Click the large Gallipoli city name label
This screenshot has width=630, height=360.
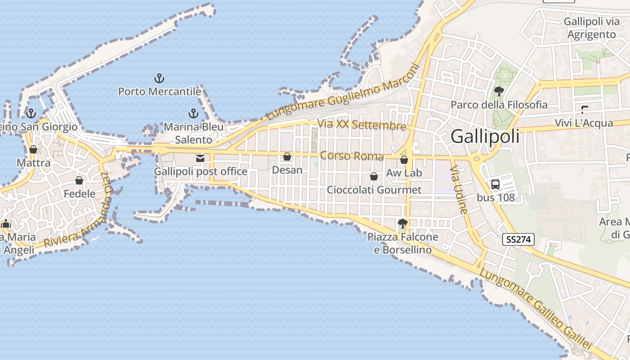click(x=485, y=136)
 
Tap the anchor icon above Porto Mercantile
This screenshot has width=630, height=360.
click(x=159, y=79)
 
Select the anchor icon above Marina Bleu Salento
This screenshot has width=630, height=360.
click(x=193, y=113)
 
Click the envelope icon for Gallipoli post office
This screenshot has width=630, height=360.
click(x=200, y=158)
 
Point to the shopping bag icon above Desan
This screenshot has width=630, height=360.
click(x=287, y=157)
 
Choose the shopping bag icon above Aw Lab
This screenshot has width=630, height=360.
click(x=404, y=160)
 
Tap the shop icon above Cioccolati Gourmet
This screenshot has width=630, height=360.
click(x=374, y=176)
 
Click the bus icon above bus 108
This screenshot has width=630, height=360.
click(x=495, y=184)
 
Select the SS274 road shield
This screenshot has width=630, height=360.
click(x=518, y=239)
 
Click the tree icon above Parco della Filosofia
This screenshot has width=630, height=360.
click(x=499, y=91)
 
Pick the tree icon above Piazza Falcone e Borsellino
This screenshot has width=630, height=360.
click(x=403, y=223)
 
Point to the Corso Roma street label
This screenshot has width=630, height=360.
click(x=351, y=156)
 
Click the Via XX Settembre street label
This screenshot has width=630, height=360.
click(x=361, y=124)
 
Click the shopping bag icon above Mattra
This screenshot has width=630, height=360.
click(x=33, y=149)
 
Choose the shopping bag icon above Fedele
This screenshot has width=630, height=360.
click(x=79, y=180)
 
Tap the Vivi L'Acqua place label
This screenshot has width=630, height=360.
click(x=584, y=123)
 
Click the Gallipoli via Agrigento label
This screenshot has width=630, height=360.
click(x=591, y=28)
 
